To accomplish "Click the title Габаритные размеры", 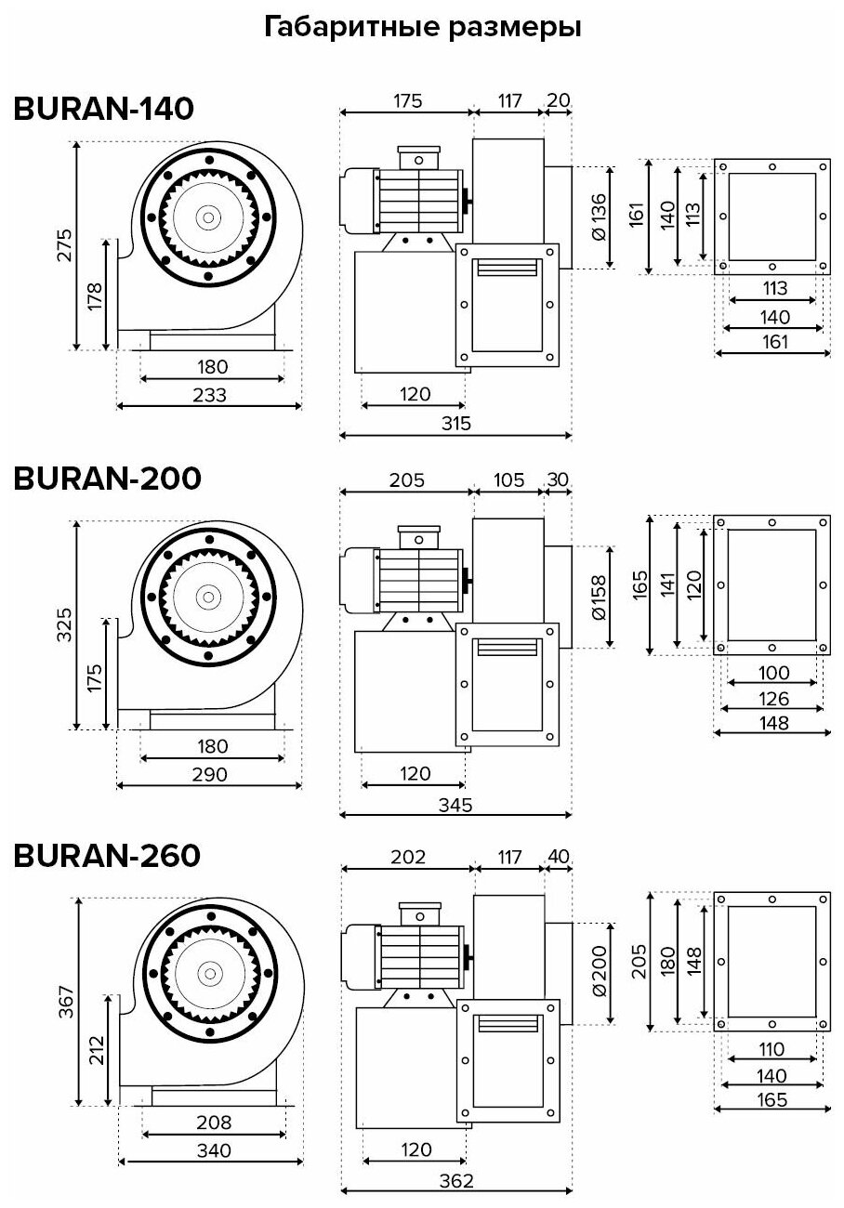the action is pos(422,28).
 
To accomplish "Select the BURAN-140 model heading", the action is pos(103,109).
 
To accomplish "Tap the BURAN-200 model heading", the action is pos(107,479).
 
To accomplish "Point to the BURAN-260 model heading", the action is pos(107,856).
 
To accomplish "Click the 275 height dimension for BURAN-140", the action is pos(65,245).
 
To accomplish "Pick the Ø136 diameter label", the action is pos(599,217).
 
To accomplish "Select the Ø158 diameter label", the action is pos(599,597).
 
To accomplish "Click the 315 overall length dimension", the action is pos(456,424).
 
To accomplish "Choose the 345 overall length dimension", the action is pos(456,805).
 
